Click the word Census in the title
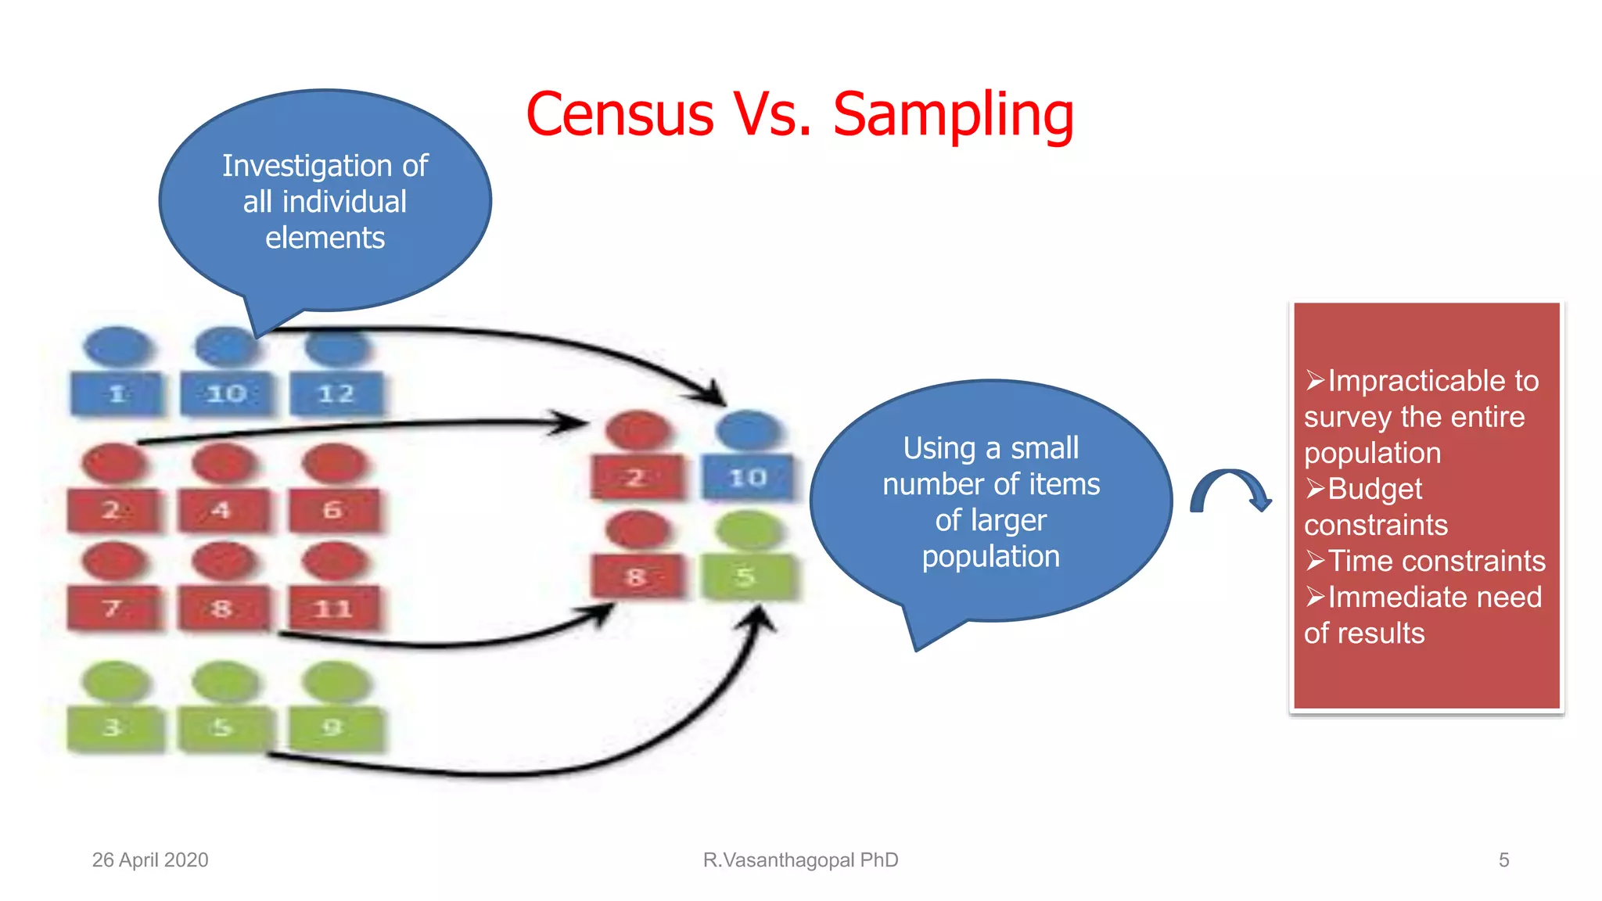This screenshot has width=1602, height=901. (620, 114)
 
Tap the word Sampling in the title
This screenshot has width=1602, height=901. (953, 116)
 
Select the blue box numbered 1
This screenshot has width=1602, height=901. (117, 393)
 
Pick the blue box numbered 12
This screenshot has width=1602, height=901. (336, 393)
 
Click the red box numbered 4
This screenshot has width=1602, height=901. (223, 510)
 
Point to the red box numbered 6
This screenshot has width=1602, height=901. (333, 510)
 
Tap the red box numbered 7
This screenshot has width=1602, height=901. (113, 608)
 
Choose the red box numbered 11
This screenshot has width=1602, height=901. (334, 608)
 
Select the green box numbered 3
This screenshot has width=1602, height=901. (114, 727)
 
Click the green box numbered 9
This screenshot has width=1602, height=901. (334, 727)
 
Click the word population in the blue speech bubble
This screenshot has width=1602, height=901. (990, 556)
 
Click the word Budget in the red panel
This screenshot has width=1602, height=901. (1374, 489)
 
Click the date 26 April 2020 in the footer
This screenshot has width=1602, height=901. (150, 860)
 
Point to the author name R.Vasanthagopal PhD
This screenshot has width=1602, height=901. (800, 860)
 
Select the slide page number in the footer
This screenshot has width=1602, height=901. (1503, 860)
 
